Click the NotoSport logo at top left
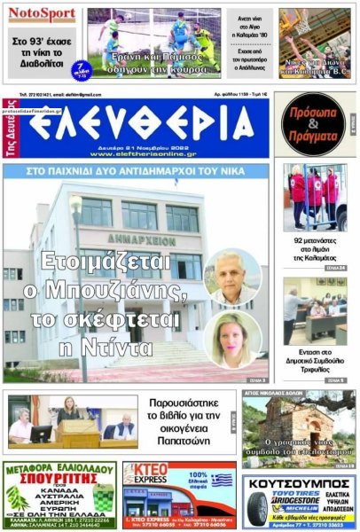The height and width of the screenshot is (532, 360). (43, 14)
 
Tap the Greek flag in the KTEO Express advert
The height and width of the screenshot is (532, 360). (221, 480)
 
